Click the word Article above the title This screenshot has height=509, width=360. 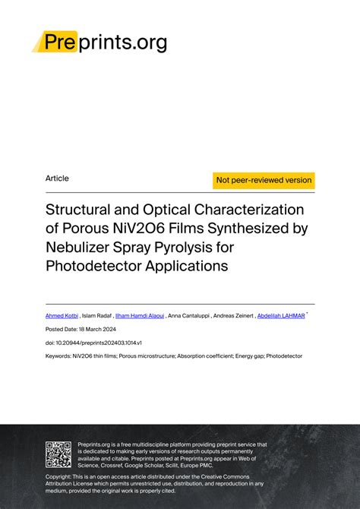tap(57, 179)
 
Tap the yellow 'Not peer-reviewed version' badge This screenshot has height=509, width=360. tap(264, 180)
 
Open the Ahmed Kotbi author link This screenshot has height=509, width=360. tap(61, 315)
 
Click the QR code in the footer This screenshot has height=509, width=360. tap(58, 454)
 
